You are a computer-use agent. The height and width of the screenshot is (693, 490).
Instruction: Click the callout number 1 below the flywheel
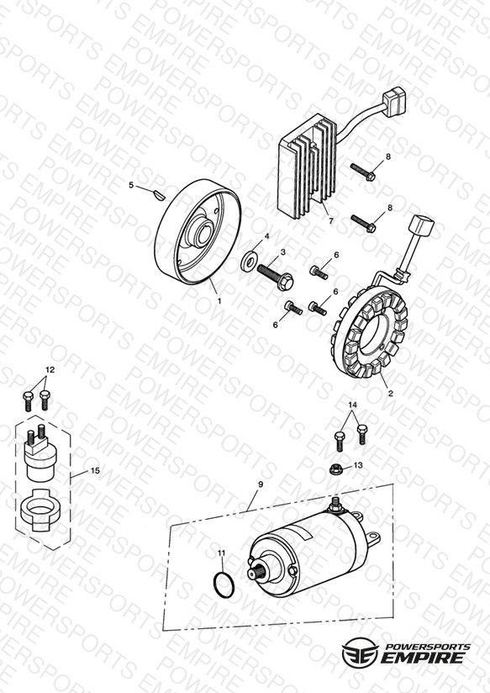[219, 301]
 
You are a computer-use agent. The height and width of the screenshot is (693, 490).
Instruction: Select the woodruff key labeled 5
[158, 193]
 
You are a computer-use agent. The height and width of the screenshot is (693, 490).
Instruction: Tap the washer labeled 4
[250, 262]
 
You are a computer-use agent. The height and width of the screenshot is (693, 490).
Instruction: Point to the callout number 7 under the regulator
[331, 220]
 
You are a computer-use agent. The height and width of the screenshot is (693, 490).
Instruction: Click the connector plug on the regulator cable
[394, 101]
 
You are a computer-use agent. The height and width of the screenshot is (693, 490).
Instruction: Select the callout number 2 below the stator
[390, 393]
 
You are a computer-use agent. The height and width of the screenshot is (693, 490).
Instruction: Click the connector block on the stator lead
[422, 225]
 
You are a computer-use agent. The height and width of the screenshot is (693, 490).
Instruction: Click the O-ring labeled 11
[224, 585]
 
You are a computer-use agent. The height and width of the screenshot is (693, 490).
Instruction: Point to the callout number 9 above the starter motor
[261, 484]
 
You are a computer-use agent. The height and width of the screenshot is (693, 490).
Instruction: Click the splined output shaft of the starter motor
[258, 572]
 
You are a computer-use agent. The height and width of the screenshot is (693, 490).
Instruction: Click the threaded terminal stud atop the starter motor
[336, 503]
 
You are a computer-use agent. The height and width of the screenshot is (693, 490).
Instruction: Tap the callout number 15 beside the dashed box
[95, 471]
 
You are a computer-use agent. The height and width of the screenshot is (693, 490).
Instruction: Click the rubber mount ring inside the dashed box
[40, 510]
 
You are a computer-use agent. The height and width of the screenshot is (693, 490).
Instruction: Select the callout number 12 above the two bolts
[50, 369]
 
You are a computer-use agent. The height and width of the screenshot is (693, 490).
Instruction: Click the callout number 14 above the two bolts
[353, 405]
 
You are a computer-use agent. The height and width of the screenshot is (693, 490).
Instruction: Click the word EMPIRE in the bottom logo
[423, 657]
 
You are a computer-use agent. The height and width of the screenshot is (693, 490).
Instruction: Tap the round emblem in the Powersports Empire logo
[361, 652]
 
